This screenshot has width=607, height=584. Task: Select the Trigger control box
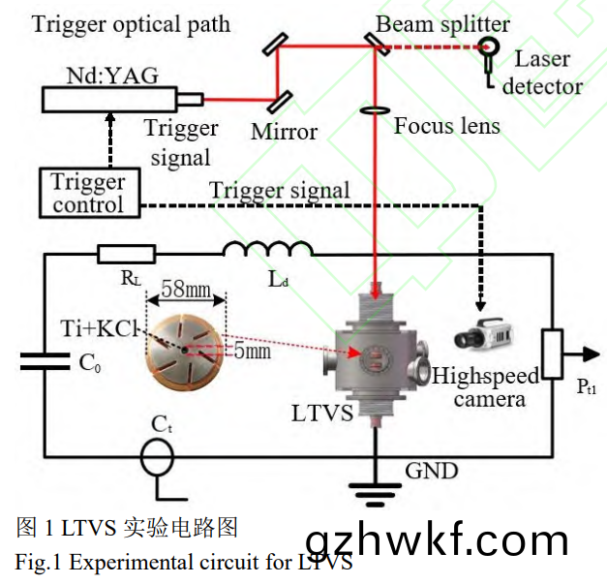(x=88, y=192)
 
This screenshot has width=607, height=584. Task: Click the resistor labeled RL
(x=126, y=255)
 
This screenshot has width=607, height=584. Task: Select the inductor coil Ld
(x=267, y=252)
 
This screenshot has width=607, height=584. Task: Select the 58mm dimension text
(x=187, y=288)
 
